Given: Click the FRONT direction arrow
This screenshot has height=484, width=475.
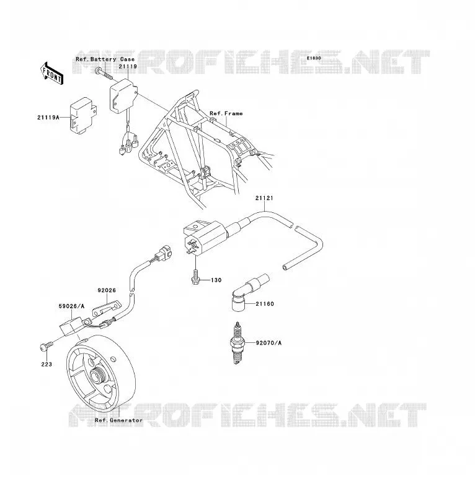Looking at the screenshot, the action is (x=52, y=74).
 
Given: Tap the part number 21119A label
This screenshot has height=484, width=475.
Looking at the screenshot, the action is (x=48, y=118).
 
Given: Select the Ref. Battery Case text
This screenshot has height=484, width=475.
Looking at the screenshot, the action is (x=105, y=59).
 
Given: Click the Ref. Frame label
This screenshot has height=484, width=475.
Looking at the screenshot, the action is (x=226, y=114).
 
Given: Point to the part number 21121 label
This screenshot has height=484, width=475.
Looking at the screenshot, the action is (x=264, y=198).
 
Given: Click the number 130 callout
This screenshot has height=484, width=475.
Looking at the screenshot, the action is (x=216, y=280).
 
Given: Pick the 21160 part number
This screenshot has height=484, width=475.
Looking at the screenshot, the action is (x=265, y=304).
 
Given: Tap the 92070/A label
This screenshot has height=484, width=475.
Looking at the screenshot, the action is (x=269, y=343).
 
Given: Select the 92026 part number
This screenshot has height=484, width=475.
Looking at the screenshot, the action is (x=107, y=290).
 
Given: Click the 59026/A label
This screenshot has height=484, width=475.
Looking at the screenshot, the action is (x=71, y=306).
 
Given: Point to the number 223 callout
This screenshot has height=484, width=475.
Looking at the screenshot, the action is (x=47, y=365).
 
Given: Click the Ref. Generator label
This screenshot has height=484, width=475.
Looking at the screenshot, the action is (x=119, y=420).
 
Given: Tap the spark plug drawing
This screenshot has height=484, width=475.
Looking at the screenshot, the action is (x=238, y=344).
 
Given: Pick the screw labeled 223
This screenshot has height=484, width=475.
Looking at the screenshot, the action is (x=43, y=347).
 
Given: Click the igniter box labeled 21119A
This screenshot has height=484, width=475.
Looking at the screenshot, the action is (x=83, y=116).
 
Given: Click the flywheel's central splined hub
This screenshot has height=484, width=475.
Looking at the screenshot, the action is (x=99, y=376).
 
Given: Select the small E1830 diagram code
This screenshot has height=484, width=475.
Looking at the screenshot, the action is (x=314, y=58).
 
